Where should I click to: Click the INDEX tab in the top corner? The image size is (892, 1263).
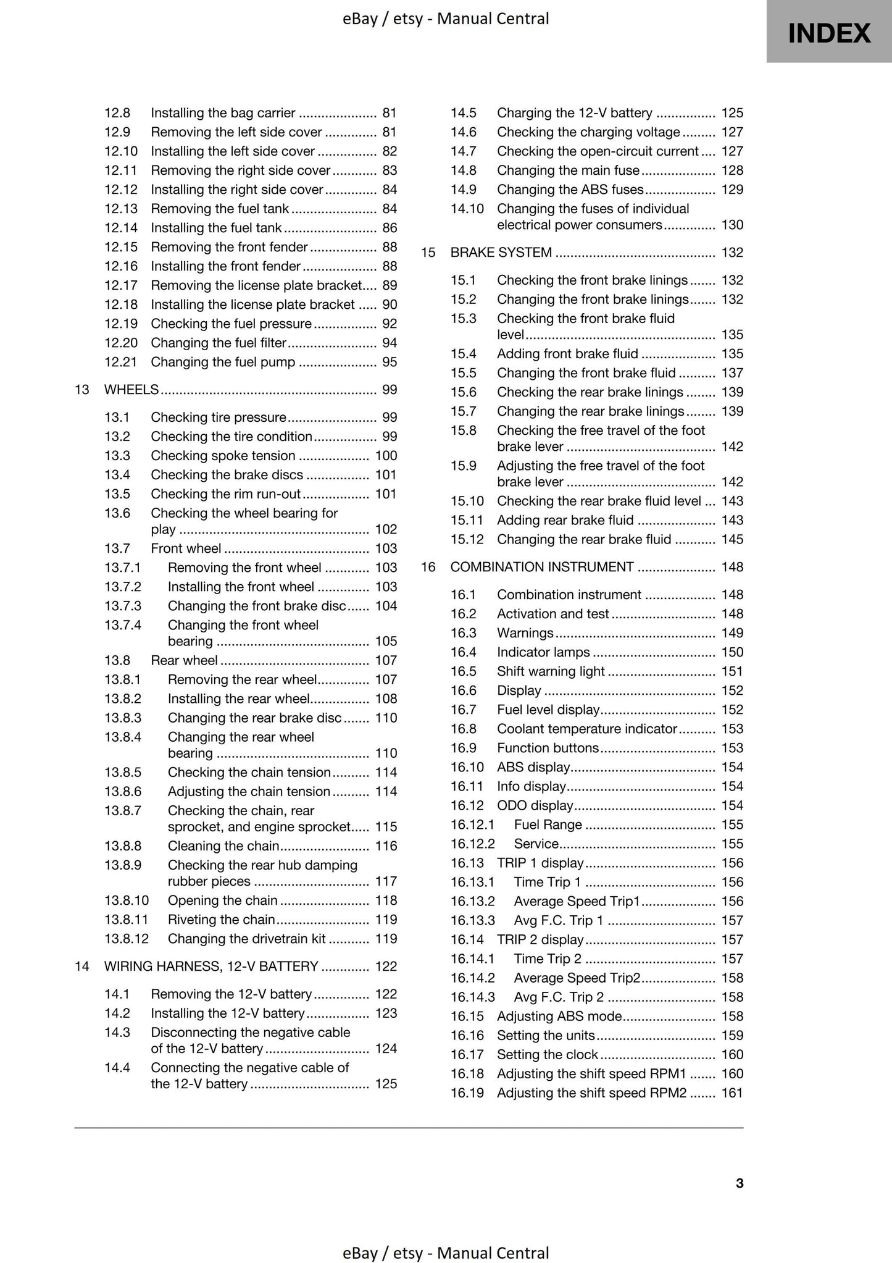[829, 32]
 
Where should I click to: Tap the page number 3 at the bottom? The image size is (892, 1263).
[740, 1183]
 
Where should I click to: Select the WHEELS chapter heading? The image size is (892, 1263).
[131, 389]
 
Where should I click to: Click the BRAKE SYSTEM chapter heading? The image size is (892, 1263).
[501, 252]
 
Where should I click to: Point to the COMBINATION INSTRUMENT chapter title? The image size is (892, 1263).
[541, 566]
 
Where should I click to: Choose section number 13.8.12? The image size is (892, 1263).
[127, 938]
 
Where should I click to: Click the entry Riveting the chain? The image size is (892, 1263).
[221, 919]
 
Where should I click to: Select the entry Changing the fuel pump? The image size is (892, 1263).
[223, 361]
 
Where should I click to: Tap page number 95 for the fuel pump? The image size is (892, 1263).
[389, 361]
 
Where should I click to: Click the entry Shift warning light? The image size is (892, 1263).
[551, 671]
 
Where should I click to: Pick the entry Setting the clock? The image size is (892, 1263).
[548, 1054]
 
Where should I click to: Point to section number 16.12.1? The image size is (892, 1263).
[472, 824]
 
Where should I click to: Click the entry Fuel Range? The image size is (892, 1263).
[548, 824]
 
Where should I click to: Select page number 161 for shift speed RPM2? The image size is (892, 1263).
[732, 1092]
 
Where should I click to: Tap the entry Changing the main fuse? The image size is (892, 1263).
[568, 170]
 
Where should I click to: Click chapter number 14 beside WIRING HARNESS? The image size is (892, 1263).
[82, 966]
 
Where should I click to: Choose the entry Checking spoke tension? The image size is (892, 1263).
[223, 455]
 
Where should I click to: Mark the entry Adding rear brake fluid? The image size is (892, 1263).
[565, 519]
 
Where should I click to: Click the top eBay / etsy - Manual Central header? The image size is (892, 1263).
[446, 19]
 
